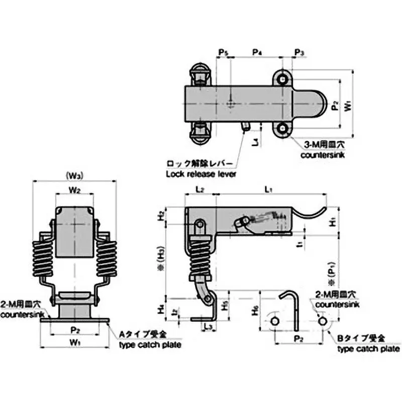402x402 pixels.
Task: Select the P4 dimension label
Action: (x=256, y=52)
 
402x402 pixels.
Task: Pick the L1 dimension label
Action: (x=268, y=189)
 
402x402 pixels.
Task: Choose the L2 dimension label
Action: (x=199, y=189)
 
